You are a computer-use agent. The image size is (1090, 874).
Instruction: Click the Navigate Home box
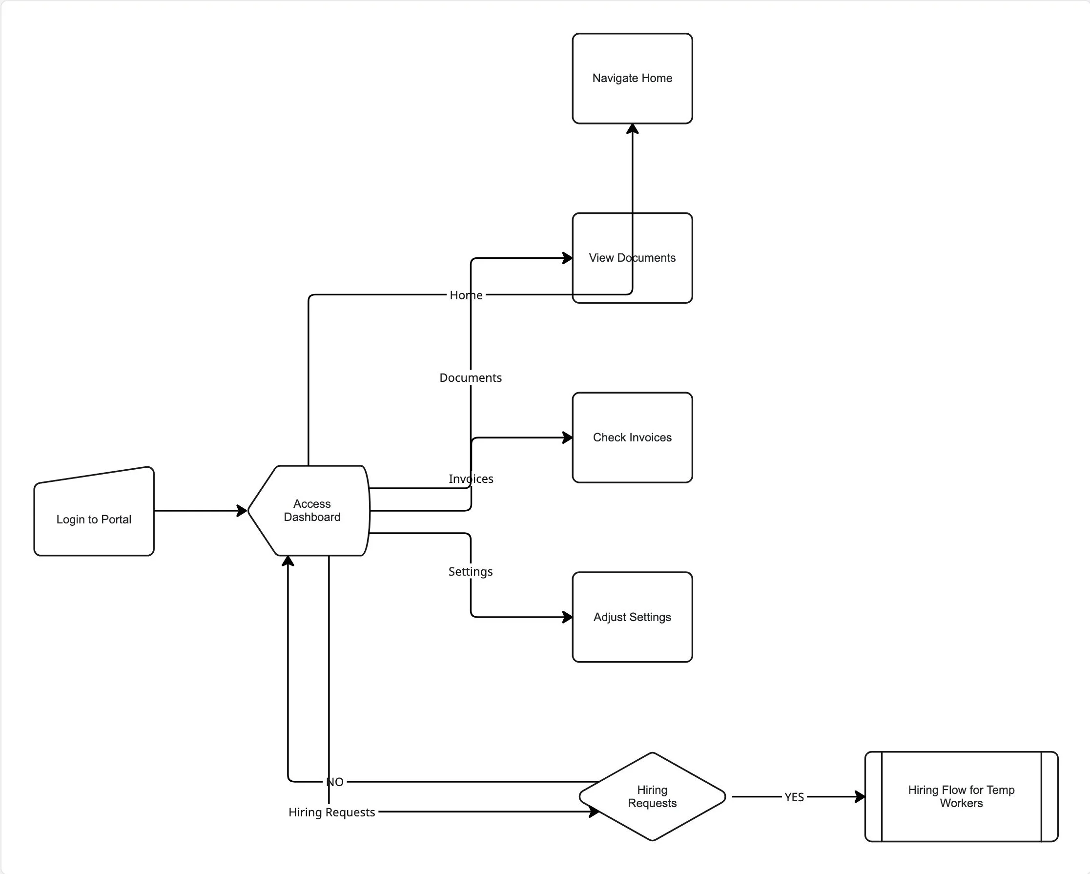click(x=632, y=79)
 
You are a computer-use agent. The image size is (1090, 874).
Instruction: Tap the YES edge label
click(x=794, y=797)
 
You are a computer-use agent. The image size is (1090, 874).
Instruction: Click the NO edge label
click(x=335, y=782)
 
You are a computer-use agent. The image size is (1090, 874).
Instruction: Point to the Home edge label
click(x=466, y=295)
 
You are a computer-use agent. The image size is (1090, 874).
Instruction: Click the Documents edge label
click(x=470, y=378)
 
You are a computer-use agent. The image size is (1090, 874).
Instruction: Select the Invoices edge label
click(x=471, y=479)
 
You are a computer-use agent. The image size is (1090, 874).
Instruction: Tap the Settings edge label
click(x=470, y=572)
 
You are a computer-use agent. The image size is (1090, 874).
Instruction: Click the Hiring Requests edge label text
click(x=331, y=812)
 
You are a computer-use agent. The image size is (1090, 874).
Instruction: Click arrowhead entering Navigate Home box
click(x=633, y=129)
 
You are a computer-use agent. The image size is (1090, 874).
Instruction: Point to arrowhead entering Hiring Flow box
click(x=860, y=797)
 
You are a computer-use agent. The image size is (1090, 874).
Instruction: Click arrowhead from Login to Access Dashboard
click(x=242, y=511)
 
